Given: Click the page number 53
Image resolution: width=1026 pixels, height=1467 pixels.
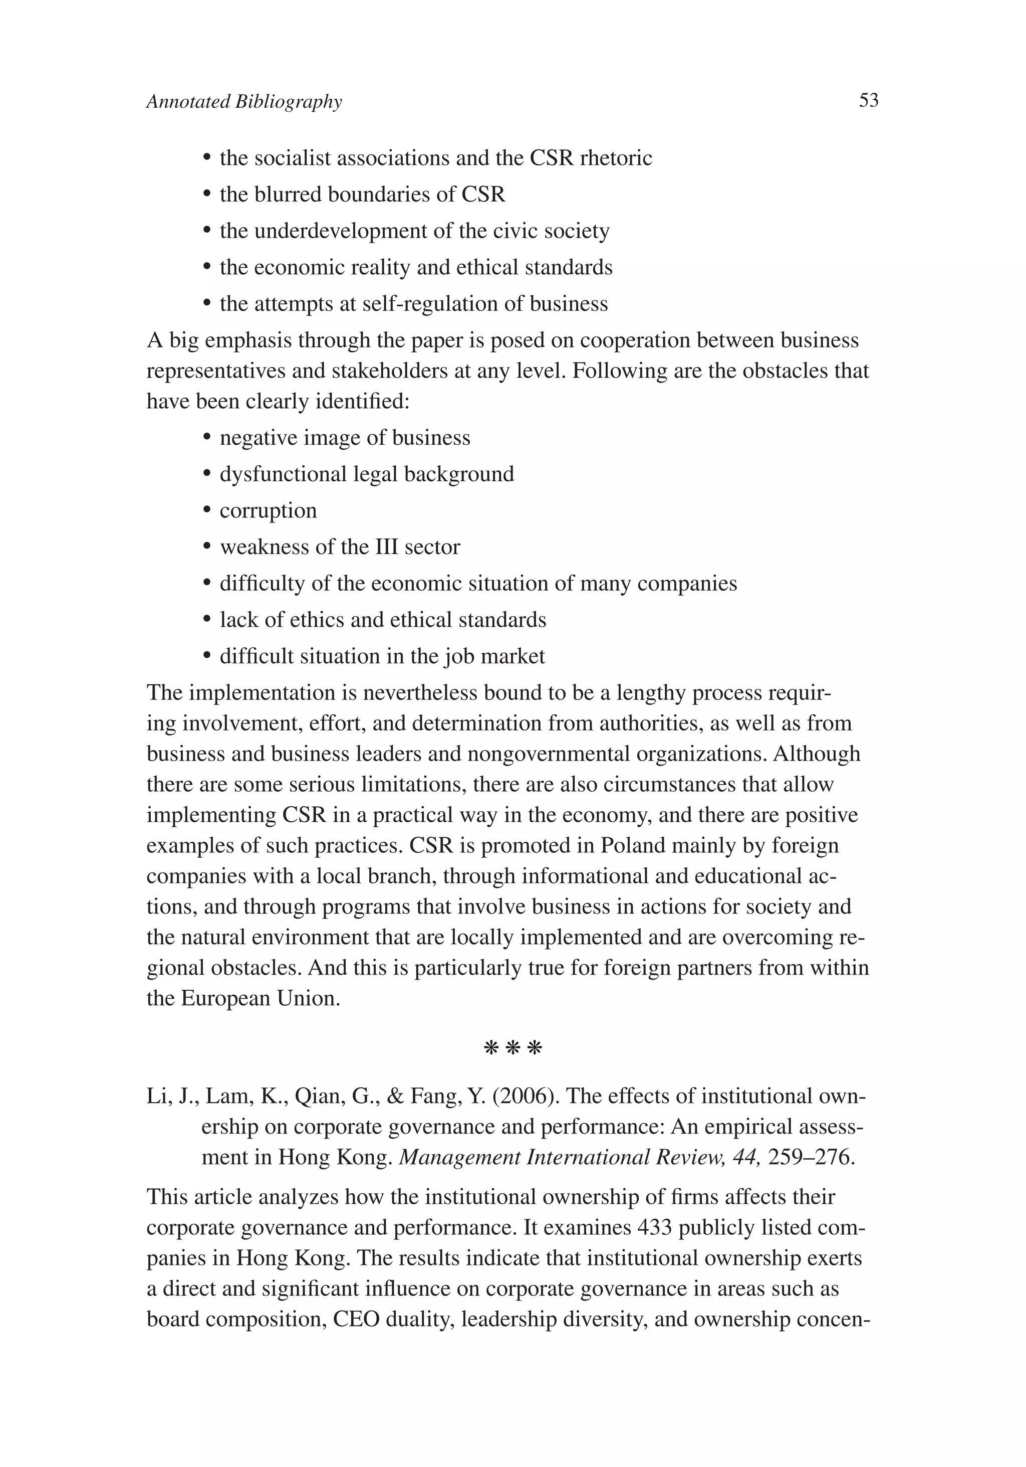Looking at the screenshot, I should (x=868, y=100).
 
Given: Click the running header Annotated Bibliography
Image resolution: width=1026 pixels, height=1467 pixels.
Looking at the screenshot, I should (x=244, y=102).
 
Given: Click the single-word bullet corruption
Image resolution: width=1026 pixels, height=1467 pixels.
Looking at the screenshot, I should (x=268, y=510).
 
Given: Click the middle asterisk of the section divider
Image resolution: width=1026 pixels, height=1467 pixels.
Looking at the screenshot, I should (x=512, y=1048).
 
